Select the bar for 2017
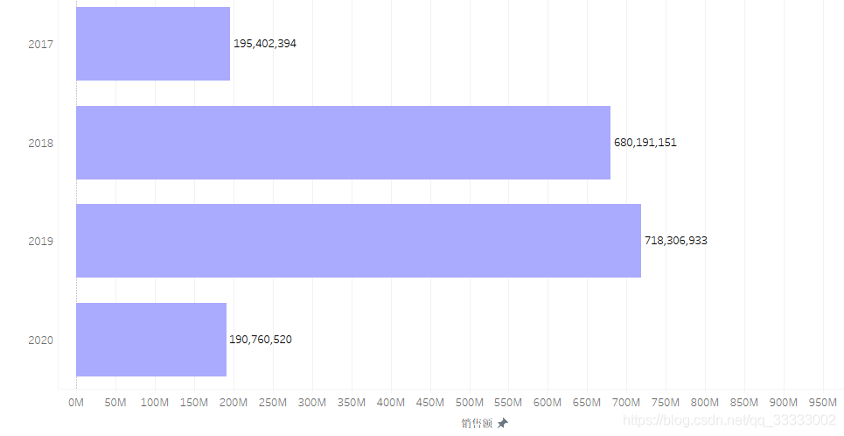pyautogui.click(x=153, y=44)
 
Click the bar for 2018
pyautogui.click(x=344, y=143)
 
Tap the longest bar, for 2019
pyautogui.click(x=359, y=241)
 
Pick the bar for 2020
pyautogui.click(x=151, y=340)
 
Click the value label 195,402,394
pyautogui.click(x=265, y=44)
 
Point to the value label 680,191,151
pyautogui.click(x=645, y=143)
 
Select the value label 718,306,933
pyautogui.click(x=676, y=241)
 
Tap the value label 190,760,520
pyautogui.click(x=261, y=340)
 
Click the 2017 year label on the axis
pyautogui.click(x=41, y=44)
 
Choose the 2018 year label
pyautogui.click(x=41, y=143)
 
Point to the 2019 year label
pyautogui.click(x=41, y=241)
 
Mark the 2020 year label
pyautogui.click(x=41, y=340)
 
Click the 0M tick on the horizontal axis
pyautogui.click(x=76, y=403)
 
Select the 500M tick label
pyautogui.click(x=470, y=403)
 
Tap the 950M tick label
pyautogui.click(x=823, y=403)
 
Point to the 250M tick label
pyautogui.click(x=273, y=403)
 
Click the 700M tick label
pyautogui.click(x=626, y=403)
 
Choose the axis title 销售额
pyautogui.click(x=477, y=424)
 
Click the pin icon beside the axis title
pyautogui.click(x=502, y=423)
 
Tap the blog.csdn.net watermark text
pyautogui.click(x=729, y=420)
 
